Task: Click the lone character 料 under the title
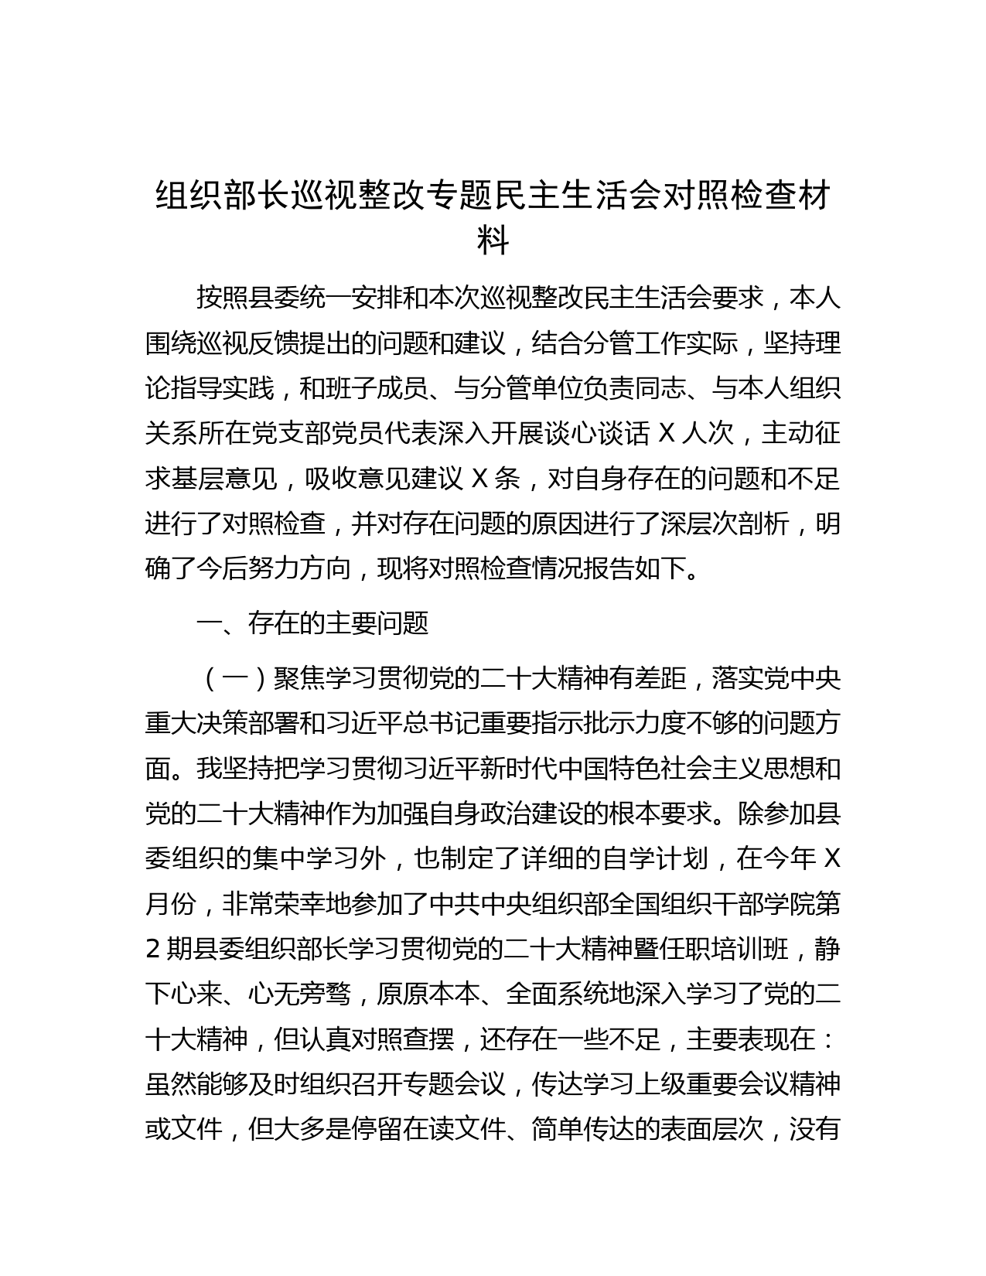click(493, 241)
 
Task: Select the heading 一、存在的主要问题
click(312, 623)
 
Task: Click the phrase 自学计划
click(653, 859)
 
